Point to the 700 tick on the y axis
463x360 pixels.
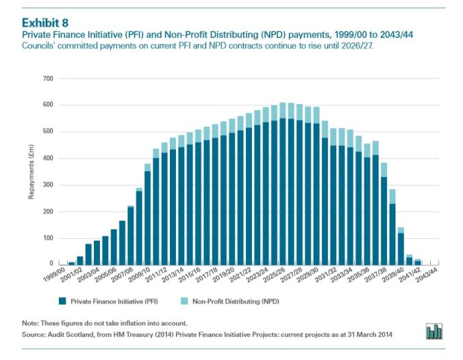click(x=47, y=79)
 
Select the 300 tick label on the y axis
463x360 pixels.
click(x=47, y=185)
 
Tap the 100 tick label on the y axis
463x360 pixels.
click(x=47, y=237)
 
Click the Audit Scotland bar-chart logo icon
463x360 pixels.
click(x=434, y=331)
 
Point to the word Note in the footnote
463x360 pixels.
click(x=29, y=322)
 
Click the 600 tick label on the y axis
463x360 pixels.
click(x=47, y=105)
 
